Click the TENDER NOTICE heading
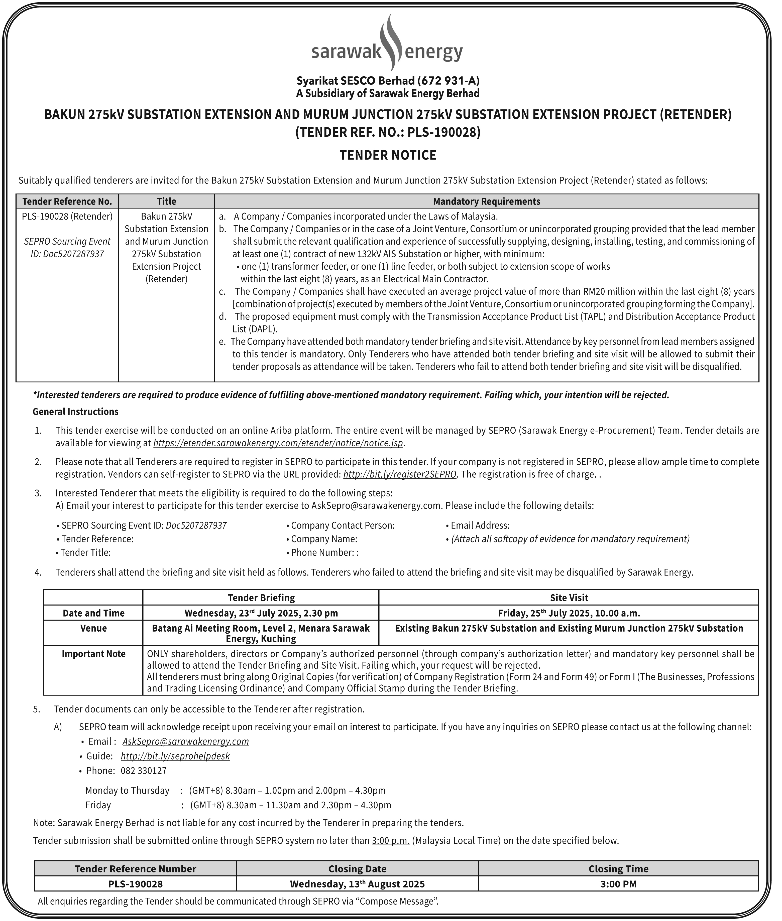(388, 155)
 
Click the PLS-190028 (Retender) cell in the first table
(67, 216)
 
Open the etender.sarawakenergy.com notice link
(278, 443)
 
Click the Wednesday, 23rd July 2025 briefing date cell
(261, 613)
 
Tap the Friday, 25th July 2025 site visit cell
(569, 613)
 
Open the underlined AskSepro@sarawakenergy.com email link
(185, 742)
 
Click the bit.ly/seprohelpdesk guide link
(175, 756)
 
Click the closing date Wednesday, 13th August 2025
(357, 884)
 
